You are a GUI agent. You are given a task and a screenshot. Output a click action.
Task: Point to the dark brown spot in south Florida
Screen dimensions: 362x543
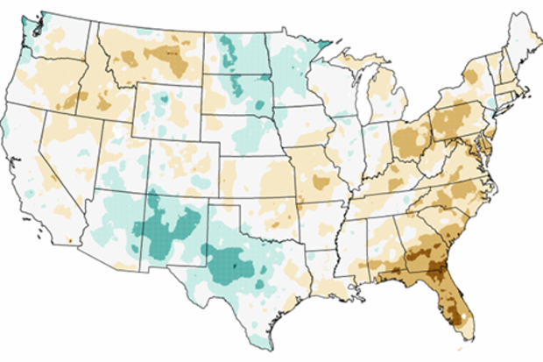pos(455,309)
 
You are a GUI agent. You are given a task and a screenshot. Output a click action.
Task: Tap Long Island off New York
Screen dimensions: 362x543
pos(507,108)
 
